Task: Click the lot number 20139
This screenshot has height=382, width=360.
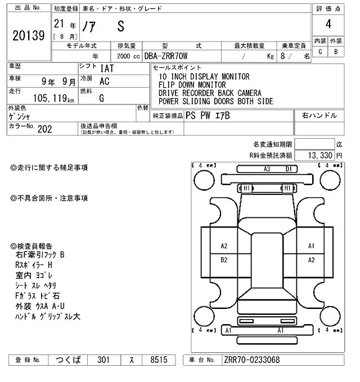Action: coord(28,36)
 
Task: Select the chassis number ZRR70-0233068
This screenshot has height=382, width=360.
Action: coord(251,360)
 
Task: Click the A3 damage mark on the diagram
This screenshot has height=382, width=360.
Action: coord(267,169)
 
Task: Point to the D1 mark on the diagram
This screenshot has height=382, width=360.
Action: coord(288,169)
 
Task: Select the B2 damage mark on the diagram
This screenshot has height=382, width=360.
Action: coord(224,260)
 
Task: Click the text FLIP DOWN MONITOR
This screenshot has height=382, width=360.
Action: coord(192,85)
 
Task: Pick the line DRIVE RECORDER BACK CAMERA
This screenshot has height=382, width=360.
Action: coord(209,93)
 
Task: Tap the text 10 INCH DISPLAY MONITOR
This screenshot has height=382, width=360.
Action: coord(203,77)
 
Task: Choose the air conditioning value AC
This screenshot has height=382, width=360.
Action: coord(104,81)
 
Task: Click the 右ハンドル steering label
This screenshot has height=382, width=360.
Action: coord(319,115)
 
